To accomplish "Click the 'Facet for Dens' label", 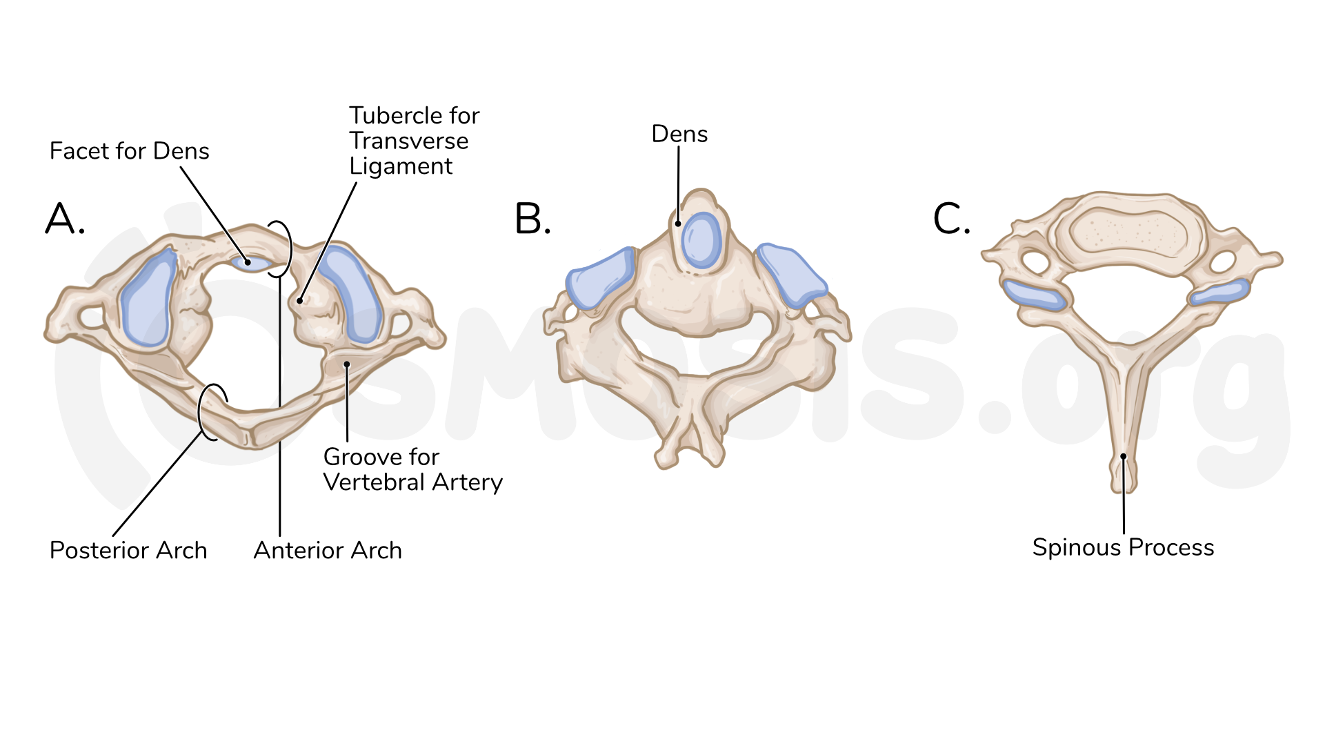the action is [129, 151].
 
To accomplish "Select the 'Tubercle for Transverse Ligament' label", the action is [414, 141].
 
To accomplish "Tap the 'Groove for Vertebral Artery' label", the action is [412, 469].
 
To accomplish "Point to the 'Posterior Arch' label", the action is [128, 550].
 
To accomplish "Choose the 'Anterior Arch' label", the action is [328, 550].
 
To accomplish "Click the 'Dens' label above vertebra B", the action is [679, 134].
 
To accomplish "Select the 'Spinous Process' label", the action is [1123, 547].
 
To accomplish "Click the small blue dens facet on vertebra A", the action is [251, 263].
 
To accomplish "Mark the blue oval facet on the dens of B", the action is [701, 240].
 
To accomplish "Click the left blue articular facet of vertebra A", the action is [148, 298].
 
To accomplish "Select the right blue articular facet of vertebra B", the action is [791, 274].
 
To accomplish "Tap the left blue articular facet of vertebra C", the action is [1034, 295].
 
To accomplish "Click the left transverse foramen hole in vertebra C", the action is [1034, 262].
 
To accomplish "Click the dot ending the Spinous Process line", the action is [1124, 456].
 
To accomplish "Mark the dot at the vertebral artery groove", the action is [347, 364].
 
